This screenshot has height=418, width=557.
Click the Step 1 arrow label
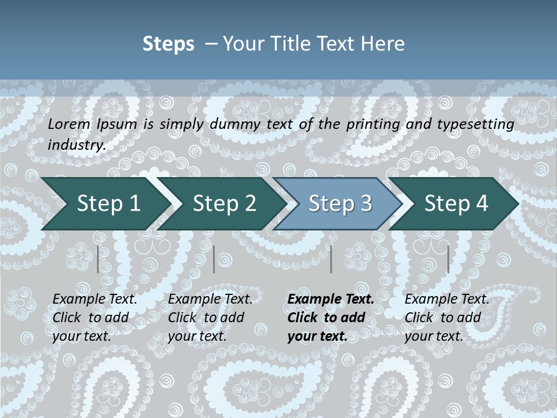(x=108, y=203)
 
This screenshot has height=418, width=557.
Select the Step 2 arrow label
(x=224, y=203)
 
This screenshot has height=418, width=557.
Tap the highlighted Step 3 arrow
(x=340, y=203)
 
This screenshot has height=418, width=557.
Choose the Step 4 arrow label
(x=456, y=203)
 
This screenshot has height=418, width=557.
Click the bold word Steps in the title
(x=168, y=44)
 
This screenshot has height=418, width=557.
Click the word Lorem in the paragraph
(x=68, y=124)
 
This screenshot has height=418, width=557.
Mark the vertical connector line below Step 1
(x=98, y=259)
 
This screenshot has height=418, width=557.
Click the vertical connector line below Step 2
(x=214, y=259)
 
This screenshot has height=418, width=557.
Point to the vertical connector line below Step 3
(x=331, y=259)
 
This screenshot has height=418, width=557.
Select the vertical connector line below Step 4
(x=448, y=259)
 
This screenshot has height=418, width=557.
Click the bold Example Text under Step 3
(x=331, y=299)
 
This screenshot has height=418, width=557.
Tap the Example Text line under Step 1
(x=95, y=299)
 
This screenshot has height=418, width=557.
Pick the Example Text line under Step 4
(x=447, y=299)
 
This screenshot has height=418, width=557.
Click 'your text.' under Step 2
(x=197, y=336)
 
